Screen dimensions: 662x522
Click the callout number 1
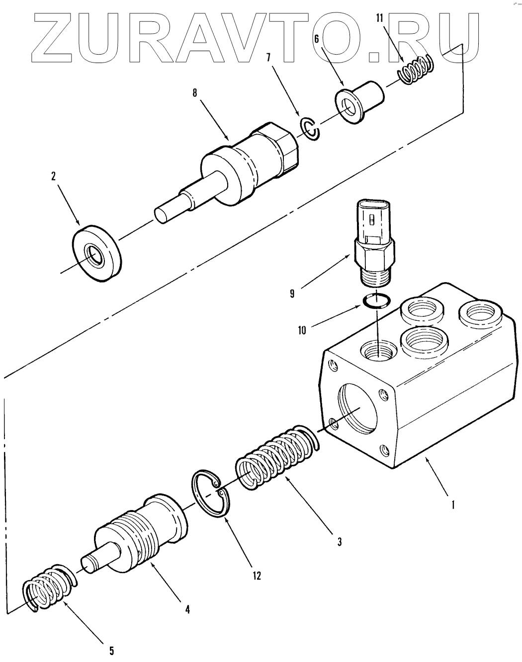pos(453,506)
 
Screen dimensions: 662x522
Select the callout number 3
pos(339,541)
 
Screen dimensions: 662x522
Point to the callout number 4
pos(187,608)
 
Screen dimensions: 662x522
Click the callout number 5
pos(111,650)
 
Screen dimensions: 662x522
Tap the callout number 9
pos(292,294)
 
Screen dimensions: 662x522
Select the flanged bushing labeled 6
pos(361,101)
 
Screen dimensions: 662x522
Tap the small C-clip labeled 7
pos(311,129)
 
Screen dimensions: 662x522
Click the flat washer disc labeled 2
pos(96,253)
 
